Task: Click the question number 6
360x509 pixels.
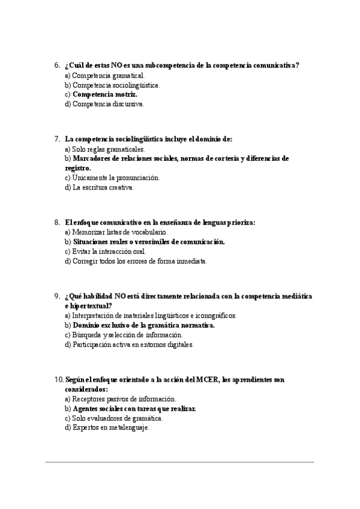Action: tap(56, 65)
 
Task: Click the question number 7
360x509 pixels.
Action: tap(56, 139)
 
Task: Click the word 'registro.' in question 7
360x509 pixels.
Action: tap(77, 169)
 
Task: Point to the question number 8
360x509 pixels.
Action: tap(56, 223)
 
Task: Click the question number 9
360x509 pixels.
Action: tap(56, 297)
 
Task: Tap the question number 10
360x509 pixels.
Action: tap(58, 380)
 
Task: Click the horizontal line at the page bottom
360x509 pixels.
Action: tap(180, 462)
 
